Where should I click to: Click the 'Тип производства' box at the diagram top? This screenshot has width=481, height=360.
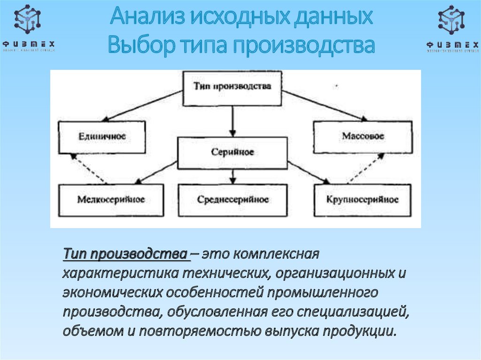pyautogui.click(x=232, y=88)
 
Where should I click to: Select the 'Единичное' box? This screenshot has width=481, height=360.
pyautogui.click(x=101, y=137)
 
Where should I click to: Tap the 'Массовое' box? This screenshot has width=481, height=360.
pyautogui.click(x=363, y=137)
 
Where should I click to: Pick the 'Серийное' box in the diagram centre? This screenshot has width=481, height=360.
pyautogui.click(x=232, y=153)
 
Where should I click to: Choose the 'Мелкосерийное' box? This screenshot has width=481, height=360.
pyautogui.click(x=111, y=199)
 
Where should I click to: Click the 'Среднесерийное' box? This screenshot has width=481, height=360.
pyautogui.click(x=233, y=199)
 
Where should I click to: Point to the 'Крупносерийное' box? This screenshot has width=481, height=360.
pyautogui.click(x=362, y=199)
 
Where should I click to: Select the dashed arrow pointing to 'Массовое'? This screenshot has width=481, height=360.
pyautogui.click(x=362, y=169)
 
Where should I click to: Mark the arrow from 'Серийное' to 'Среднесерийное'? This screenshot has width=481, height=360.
pyautogui.click(x=232, y=176)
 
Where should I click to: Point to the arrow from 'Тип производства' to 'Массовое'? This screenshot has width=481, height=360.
pyautogui.click(x=319, y=105)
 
